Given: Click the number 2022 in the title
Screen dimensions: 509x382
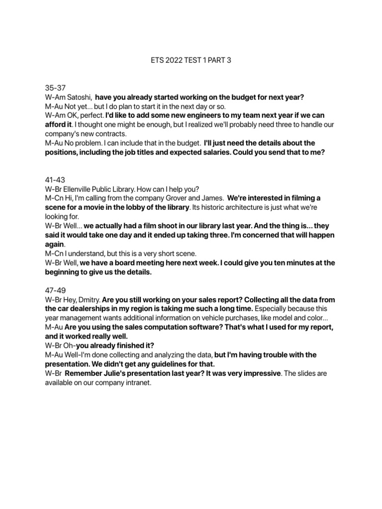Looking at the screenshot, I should pyautogui.click(x=177, y=61).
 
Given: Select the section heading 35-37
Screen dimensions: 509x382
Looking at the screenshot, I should pyautogui.click(x=55, y=88).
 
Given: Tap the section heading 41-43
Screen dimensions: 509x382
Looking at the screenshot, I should pyautogui.click(x=55, y=179).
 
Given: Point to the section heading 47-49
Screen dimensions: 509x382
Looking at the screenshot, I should pyautogui.click(x=55, y=289).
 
